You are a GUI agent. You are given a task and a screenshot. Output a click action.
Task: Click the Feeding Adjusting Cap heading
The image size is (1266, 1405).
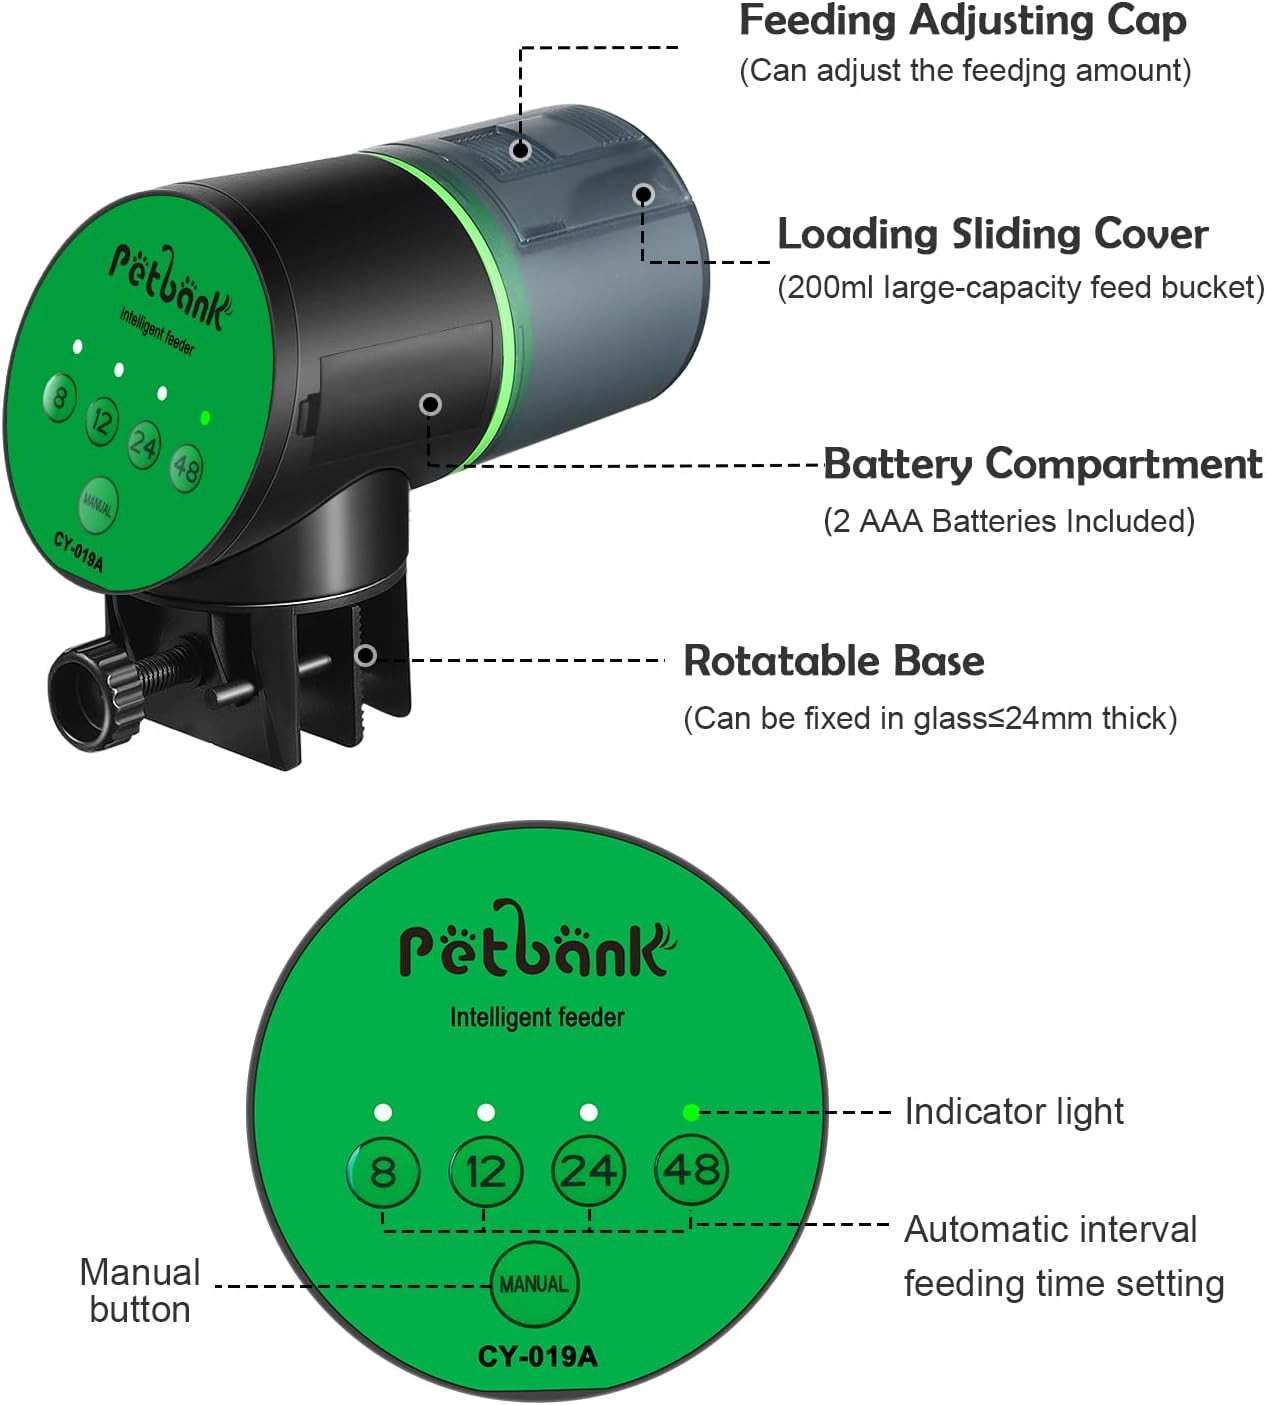coord(962,22)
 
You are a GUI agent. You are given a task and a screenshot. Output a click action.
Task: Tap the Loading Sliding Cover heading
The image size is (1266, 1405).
coord(992,235)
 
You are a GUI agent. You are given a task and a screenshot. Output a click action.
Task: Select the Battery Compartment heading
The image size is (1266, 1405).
coord(1042,465)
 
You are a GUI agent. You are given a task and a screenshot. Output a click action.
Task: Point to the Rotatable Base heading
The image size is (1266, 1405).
coord(833,661)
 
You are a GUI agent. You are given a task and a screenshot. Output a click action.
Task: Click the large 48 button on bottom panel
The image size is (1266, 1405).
coord(691,1170)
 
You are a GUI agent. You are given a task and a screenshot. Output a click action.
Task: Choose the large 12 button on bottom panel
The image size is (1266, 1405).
coord(485,1171)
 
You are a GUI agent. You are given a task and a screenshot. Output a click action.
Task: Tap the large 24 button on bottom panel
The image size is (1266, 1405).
coord(588,1171)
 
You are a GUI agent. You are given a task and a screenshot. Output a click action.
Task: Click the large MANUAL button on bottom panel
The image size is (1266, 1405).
coord(534,1284)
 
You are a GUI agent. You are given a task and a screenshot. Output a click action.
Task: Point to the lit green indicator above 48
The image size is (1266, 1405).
coord(690,1112)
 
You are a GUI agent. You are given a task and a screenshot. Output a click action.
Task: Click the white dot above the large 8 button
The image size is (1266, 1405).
coord(382,1112)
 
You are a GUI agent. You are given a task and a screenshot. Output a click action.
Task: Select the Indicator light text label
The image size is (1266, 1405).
coord(1013,1112)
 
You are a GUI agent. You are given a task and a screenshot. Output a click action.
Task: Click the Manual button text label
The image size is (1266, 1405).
coord(140,1291)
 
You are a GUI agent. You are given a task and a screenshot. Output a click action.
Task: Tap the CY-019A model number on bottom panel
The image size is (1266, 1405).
coord(537,1357)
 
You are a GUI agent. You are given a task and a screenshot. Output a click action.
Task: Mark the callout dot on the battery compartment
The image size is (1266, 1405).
coord(431,404)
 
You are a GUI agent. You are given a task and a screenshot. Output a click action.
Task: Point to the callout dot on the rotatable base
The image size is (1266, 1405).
coord(366,655)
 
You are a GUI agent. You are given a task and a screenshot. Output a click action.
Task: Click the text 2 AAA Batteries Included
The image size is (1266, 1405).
coord(1008,521)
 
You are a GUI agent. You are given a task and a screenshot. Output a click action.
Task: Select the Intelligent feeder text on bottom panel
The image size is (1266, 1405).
coord(536,1018)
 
